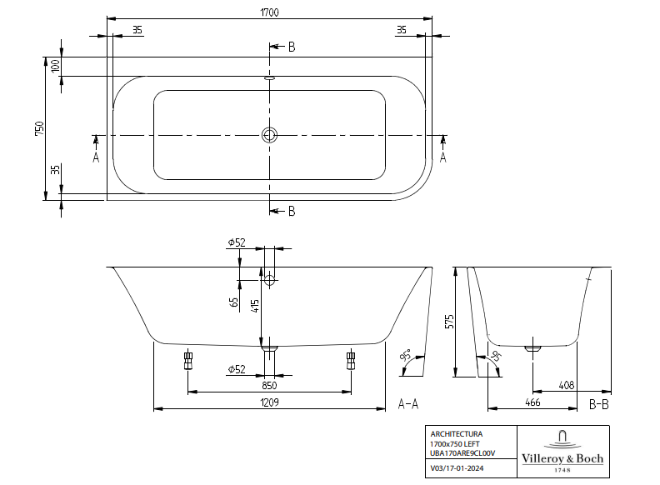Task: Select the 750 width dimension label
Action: [38, 128]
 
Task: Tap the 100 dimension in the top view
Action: [56, 67]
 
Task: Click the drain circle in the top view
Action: [269, 135]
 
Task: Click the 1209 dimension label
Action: [269, 402]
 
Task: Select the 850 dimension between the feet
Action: [269, 385]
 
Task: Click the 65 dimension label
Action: [235, 302]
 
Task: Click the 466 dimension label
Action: [533, 402]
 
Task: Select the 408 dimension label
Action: [567, 385]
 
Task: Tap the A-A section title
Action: [408, 404]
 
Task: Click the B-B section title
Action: [600, 404]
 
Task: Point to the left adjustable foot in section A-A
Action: [187, 360]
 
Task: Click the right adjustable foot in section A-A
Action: [351, 360]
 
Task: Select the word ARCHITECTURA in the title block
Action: [456, 434]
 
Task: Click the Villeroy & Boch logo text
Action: [562, 459]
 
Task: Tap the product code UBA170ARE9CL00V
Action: [463, 452]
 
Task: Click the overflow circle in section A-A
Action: [269, 280]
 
